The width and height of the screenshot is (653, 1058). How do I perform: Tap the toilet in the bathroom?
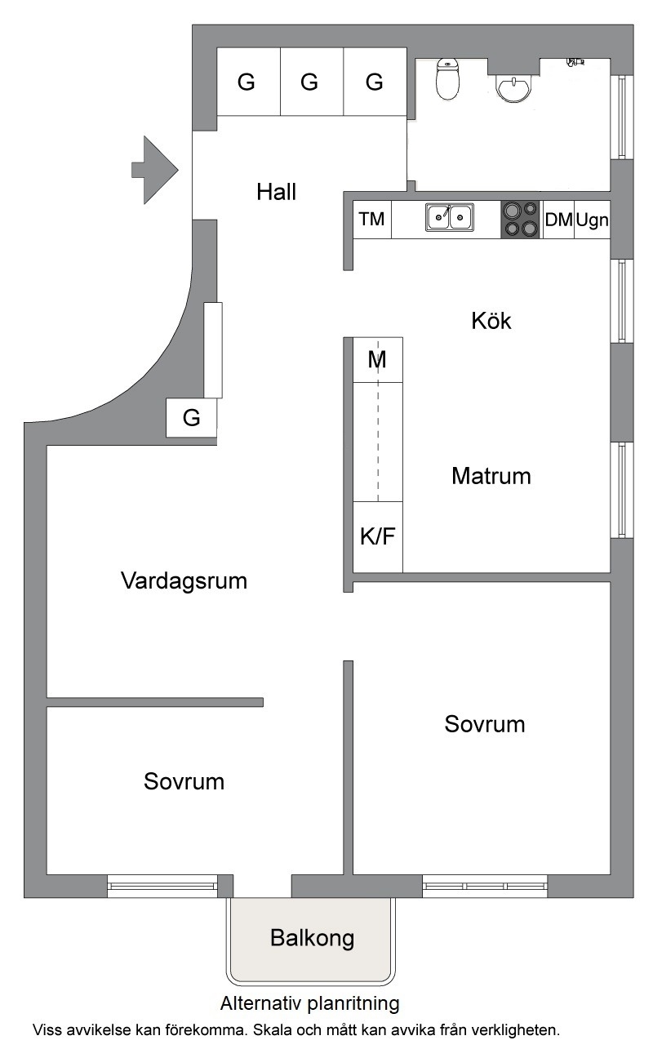tap(447, 79)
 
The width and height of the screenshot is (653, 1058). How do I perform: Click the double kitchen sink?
tap(449, 218)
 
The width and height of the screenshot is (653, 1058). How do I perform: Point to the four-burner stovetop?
tap(520, 219)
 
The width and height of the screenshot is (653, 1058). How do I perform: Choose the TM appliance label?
tap(371, 219)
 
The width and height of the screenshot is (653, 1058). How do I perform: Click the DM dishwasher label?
tap(558, 220)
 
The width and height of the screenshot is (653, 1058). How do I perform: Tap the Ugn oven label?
tap(592, 220)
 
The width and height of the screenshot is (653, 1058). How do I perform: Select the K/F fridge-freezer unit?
tap(378, 537)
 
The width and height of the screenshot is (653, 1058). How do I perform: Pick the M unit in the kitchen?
tap(378, 360)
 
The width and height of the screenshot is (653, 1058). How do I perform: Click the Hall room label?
tap(276, 192)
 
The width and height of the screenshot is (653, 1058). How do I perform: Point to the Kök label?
tap(491, 321)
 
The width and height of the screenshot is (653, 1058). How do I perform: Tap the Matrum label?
tap(491, 476)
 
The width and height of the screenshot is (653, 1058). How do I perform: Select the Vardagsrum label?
tap(184, 581)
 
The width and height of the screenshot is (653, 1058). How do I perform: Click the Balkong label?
tap(312, 939)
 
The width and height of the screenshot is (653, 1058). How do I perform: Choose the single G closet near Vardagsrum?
tap(191, 417)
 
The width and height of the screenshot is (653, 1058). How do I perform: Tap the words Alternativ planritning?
tap(309, 1003)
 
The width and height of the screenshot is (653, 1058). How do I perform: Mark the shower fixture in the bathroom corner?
tap(575, 61)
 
